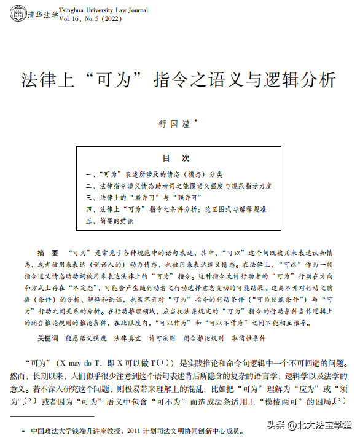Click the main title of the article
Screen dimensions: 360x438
click(x=179, y=80)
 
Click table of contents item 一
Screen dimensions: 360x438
click(x=154, y=174)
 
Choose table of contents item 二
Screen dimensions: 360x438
click(x=178, y=186)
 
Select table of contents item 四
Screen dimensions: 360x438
click(x=176, y=209)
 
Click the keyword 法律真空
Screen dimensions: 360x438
click(x=127, y=338)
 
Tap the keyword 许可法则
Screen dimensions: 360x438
click(x=162, y=338)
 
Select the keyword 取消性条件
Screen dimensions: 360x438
click(x=248, y=338)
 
